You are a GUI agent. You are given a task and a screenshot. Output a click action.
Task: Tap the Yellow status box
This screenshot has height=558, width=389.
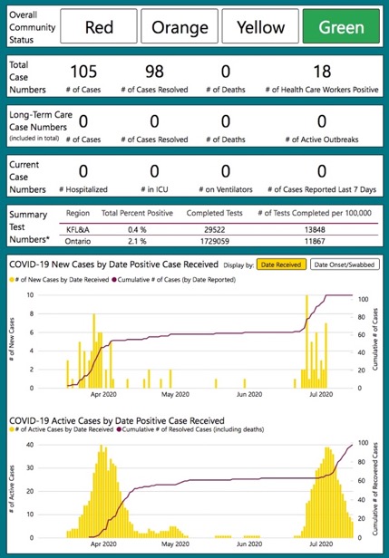click(259, 27)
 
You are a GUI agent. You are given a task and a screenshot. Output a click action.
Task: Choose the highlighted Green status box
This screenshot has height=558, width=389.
click(340, 27)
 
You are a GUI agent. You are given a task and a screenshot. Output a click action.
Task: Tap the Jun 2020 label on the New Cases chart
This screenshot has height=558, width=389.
click(249, 394)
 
